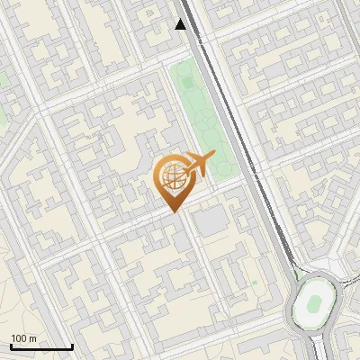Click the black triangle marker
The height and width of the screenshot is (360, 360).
point(181,24)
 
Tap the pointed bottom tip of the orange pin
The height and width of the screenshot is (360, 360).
point(173,211)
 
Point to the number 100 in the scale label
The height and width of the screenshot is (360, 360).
point(21,338)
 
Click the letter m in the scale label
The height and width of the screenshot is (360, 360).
point(34,338)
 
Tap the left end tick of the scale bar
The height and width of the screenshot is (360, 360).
point(11,346)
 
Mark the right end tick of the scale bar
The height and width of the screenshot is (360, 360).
point(72,346)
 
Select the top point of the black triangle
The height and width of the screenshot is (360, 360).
point(181,19)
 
